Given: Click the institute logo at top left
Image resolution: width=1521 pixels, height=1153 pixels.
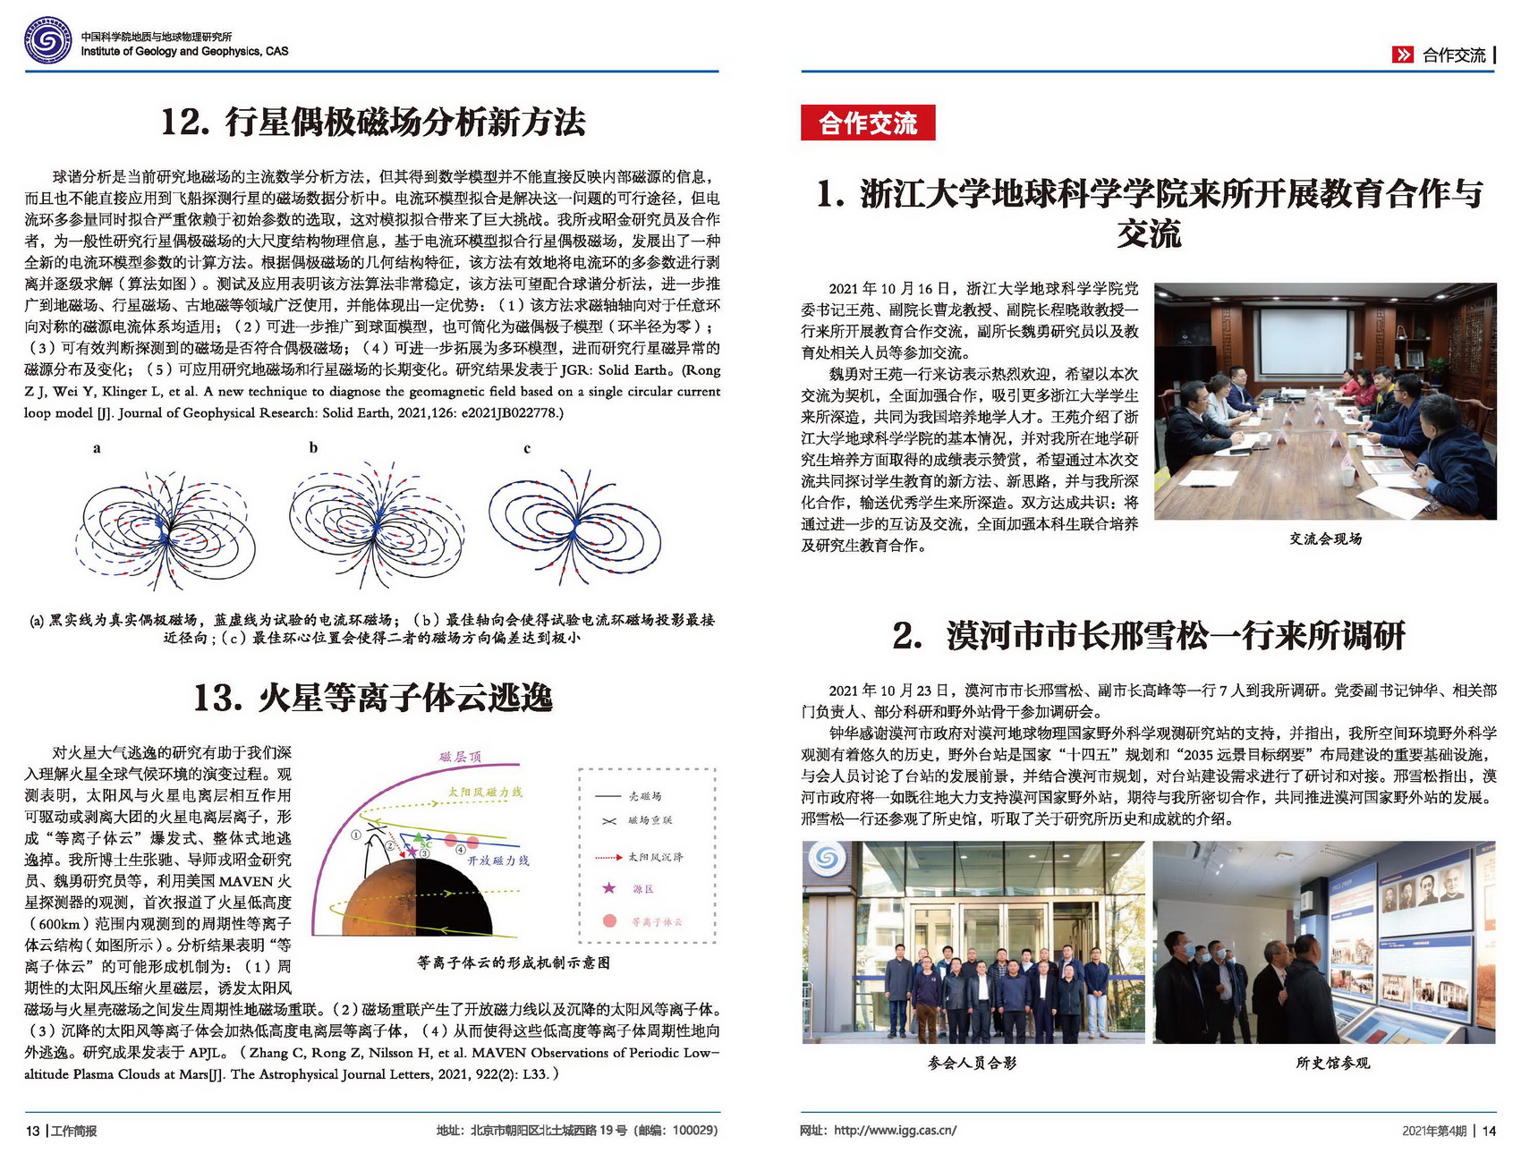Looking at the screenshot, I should pyautogui.click(x=47, y=40).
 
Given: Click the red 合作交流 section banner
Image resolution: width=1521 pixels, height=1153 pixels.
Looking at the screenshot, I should pyautogui.click(x=867, y=123).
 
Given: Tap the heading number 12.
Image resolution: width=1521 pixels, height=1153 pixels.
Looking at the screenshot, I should pyautogui.click(x=184, y=122).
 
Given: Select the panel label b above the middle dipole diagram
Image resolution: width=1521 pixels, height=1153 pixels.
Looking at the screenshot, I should pyautogui.click(x=313, y=447).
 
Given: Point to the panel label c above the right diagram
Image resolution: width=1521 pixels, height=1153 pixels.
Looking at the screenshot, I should pyautogui.click(x=527, y=448).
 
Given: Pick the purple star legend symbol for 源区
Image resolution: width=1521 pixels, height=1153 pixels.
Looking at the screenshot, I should pyautogui.click(x=609, y=887).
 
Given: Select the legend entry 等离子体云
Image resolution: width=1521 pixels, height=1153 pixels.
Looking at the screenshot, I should pyautogui.click(x=656, y=921).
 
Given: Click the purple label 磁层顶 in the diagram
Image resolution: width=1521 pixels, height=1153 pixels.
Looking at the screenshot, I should pyautogui.click(x=460, y=757).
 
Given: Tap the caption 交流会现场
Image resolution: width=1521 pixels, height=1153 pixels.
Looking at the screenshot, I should pyautogui.click(x=1325, y=538).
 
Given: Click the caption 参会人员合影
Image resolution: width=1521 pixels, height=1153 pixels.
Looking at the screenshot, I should pyautogui.click(x=972, y=1063).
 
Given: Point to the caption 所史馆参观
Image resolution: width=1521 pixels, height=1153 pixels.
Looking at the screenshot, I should pyautogui.click(x=1331, y=1063).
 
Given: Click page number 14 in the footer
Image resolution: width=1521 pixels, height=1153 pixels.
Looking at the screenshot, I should pyautogui.click(x=1489, y=1131).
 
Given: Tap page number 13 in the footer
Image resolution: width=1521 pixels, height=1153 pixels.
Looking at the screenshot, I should pyautogui.click(x=32, y=1131).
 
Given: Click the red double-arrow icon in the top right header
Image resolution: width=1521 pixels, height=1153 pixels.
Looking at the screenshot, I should pyautogui.click(x=1402, y=55).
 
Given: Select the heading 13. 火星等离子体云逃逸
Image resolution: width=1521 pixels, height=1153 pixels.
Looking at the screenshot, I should pyautogui.click(x=373, y=698).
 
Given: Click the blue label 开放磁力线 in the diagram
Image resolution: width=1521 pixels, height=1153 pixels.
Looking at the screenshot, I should pyautogui.click(x=498, y=860).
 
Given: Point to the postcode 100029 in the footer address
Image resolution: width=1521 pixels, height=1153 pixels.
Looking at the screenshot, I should pyautogui.click(x=693, y=1130).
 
